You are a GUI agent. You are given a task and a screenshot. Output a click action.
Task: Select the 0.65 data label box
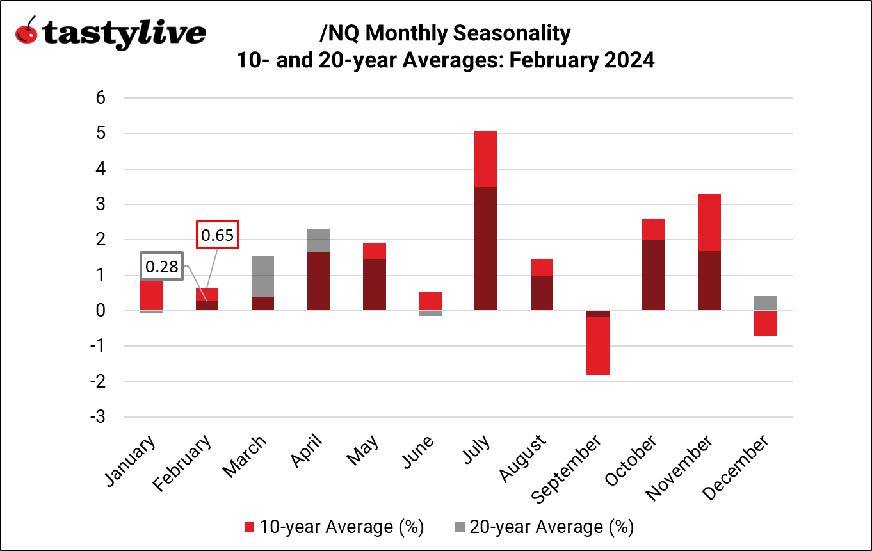pyautogui.click(x=217, y=235)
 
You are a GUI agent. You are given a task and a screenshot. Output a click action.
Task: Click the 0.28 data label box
pyautogui.click(x=161, y=267)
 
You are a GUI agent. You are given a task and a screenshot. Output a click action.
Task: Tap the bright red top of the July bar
pyautogui.click(x=486, y=159)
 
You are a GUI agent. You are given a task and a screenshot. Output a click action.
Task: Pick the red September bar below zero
pyautogui.click(x=597, y=346)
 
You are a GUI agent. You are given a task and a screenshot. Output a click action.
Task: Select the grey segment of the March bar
pyautogui.click(x=263, y=276)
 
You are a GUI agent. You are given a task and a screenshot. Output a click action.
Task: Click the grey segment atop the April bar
pyautogui.click(x=319, y=240)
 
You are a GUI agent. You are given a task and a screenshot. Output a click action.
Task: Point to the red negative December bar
pyautogui.click(x=764, y=324)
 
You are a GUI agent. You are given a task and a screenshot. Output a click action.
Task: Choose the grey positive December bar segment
pyautogui.click(x=764, y=303)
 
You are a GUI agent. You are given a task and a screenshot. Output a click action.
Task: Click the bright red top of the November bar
pyautogui.click(x=709, y=222)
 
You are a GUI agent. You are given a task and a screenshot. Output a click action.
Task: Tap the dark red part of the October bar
pyautogui.click(x=653, y=275)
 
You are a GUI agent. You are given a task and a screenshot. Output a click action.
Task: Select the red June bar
pyautogui.click(x=430, y=301)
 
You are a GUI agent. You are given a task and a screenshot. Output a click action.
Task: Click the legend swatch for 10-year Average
pyautogui.click(x=250, y=527)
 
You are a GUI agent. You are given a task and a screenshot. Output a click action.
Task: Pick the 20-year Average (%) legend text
pyautogui.click(x=551, y=527)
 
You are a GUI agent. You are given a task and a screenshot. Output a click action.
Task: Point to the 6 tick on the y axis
pyautogui.click(x=100, y=98)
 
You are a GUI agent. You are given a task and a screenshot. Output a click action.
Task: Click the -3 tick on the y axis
pyautogui.click(x=97, y=417)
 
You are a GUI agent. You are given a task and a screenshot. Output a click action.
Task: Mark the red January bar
pyautogui.click(x=152, y=295)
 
